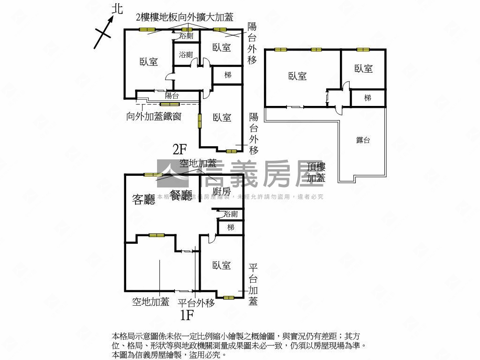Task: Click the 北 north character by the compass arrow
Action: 117,8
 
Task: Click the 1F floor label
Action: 187,315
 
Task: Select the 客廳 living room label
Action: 144,200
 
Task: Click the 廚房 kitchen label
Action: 221,191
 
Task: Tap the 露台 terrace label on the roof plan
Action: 363,140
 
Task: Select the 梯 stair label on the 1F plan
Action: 231,227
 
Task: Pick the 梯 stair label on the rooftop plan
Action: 368,98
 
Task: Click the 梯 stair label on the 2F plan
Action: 228,75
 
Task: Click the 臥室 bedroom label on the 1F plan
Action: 221,266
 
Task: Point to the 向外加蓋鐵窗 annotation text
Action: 154,116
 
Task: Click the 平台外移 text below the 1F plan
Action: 196,303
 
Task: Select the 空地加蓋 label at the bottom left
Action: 150,302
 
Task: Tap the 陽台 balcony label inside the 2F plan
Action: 172,96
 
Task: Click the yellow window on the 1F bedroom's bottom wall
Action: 229,297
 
